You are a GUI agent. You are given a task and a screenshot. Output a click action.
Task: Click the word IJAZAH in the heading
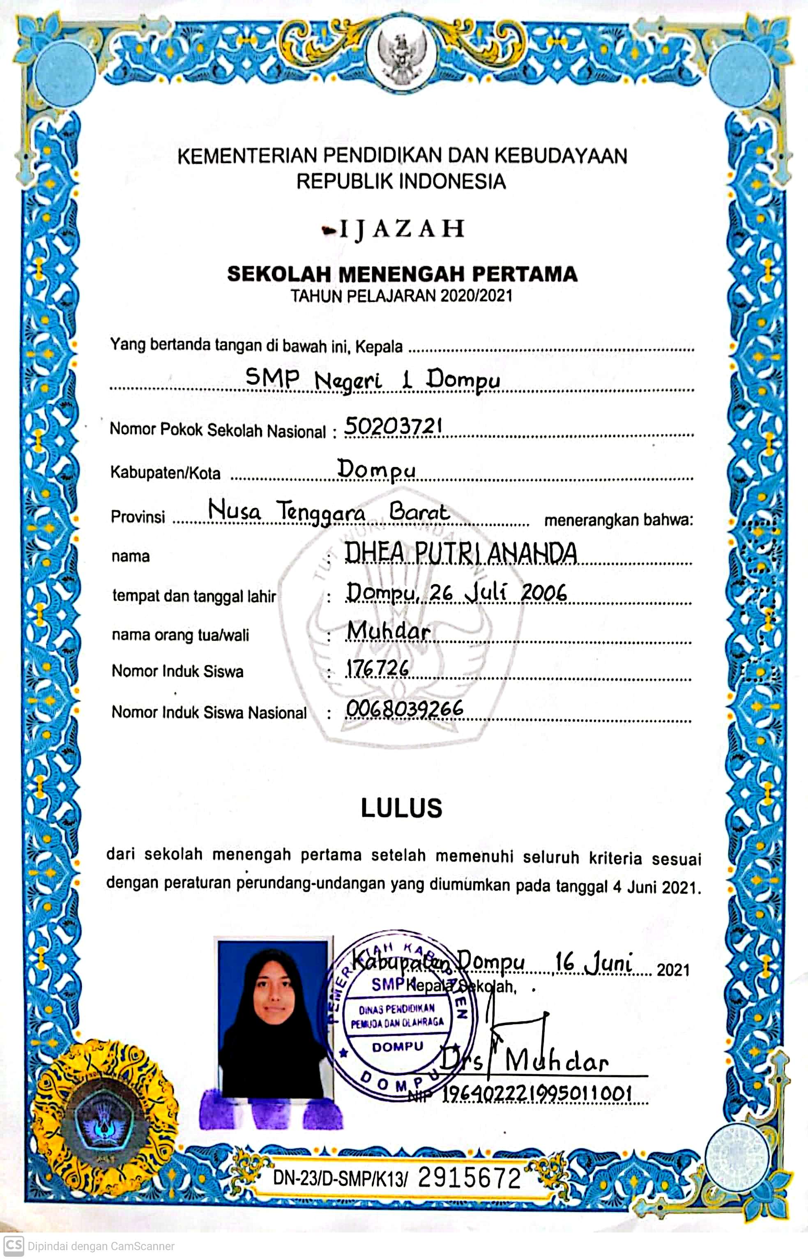pos(401,229)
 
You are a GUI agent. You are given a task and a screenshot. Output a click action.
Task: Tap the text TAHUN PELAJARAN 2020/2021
pos(401,296)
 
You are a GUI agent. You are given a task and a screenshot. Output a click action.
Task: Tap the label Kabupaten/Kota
pos(165,473)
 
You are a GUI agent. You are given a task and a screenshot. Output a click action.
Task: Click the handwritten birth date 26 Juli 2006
pos(498,593)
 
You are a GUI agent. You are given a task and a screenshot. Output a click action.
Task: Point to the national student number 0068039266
pos(405,709)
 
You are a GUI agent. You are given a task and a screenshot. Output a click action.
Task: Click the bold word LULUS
pos(401,808)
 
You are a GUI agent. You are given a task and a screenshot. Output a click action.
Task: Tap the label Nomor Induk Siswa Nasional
pos(209,712)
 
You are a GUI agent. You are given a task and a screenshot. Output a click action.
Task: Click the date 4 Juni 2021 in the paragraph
pos(656,887)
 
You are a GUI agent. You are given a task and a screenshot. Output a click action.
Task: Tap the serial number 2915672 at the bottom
pos(469,1179)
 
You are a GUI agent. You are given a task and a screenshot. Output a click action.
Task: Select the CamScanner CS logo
pos(14,1245)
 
